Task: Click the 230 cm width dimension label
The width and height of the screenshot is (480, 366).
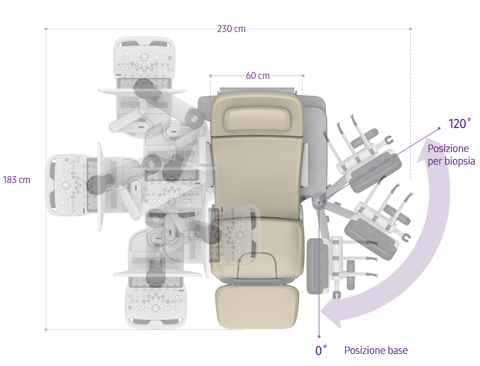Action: click(x=231, y=29)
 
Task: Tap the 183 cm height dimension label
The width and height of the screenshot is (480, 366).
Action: click(x=17, y=180)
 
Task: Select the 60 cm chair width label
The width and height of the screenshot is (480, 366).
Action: click(x=258, y=75)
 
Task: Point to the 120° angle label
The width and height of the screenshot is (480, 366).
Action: click(x=459, y=124)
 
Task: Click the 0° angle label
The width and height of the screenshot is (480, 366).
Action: click(x=321, y=350)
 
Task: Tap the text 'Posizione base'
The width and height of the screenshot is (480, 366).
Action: click(x=376, y=351)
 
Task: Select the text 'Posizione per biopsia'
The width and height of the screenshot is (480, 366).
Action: click(x=451, y=155)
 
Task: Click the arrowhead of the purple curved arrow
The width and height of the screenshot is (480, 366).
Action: click(x=331, y=313)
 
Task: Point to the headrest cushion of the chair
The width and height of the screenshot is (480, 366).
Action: click(x=258, y=118)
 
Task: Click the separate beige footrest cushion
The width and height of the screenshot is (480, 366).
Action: click(x=257, y=307)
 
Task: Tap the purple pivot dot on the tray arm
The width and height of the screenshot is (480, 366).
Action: click(x=319, y=202)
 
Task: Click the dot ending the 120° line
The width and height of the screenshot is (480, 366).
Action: click(x=439, y=128)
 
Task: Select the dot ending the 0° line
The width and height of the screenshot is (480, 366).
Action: click(x=319, y=336)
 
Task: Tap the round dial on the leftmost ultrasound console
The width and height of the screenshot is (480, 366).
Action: click(x=66, y=185)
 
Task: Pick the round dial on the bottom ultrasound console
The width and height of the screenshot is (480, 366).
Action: click(x=155, y=308)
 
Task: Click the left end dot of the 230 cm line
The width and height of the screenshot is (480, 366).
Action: click(x=46, y=29)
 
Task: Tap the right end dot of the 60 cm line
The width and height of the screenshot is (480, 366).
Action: click(x=303, y=75)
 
